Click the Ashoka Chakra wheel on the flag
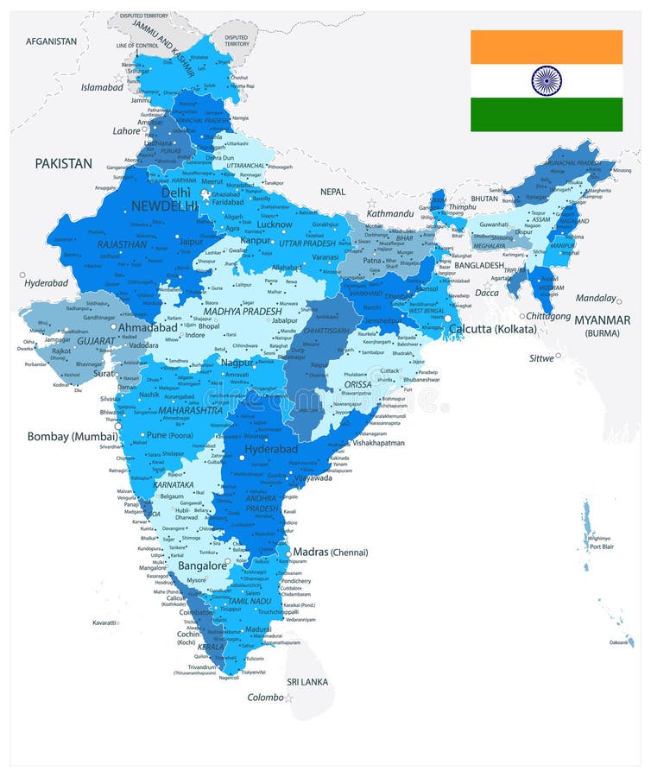[x=546, y=81]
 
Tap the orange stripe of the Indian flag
[x=546, y=47]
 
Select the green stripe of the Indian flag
[x=546, y=115]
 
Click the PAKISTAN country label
[x=63, y=162]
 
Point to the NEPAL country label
[x=332, y=191]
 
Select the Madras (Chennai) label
[x=331, y=553]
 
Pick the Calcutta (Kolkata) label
[x=492, y=329]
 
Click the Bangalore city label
[x=201, y=565]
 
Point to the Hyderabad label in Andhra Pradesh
[x=271, y=450]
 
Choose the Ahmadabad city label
[x=148, y=328]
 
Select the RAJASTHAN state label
[x=122, y=244]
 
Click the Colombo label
[x=266, y=698]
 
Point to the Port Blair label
[x=601, y=546]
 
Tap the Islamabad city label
[x=103, y=87]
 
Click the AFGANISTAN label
[x=52, y=41]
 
